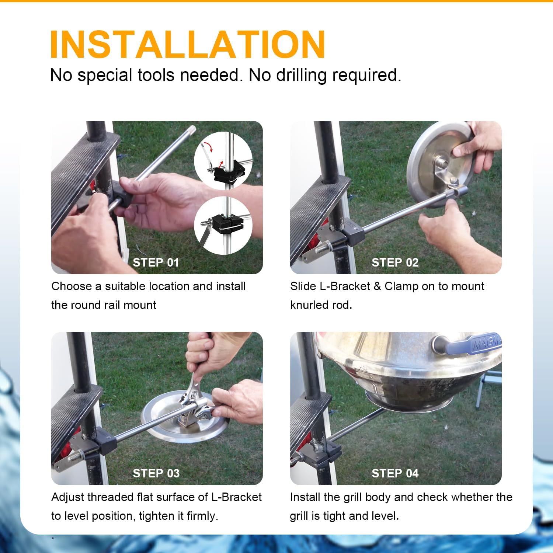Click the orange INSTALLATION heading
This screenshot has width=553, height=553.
[x=187, y=44]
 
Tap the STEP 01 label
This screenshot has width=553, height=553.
[x=156, y=262]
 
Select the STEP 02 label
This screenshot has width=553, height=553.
[x=395, y=262]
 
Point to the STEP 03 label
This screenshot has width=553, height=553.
[x=156, y=473]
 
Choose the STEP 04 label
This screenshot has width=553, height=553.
[x=395, y=473]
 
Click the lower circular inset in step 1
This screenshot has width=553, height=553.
[x=223, y=225]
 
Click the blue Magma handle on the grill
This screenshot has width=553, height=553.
[x=476, y=345]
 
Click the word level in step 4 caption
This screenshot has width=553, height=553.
[x=386, y=516]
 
